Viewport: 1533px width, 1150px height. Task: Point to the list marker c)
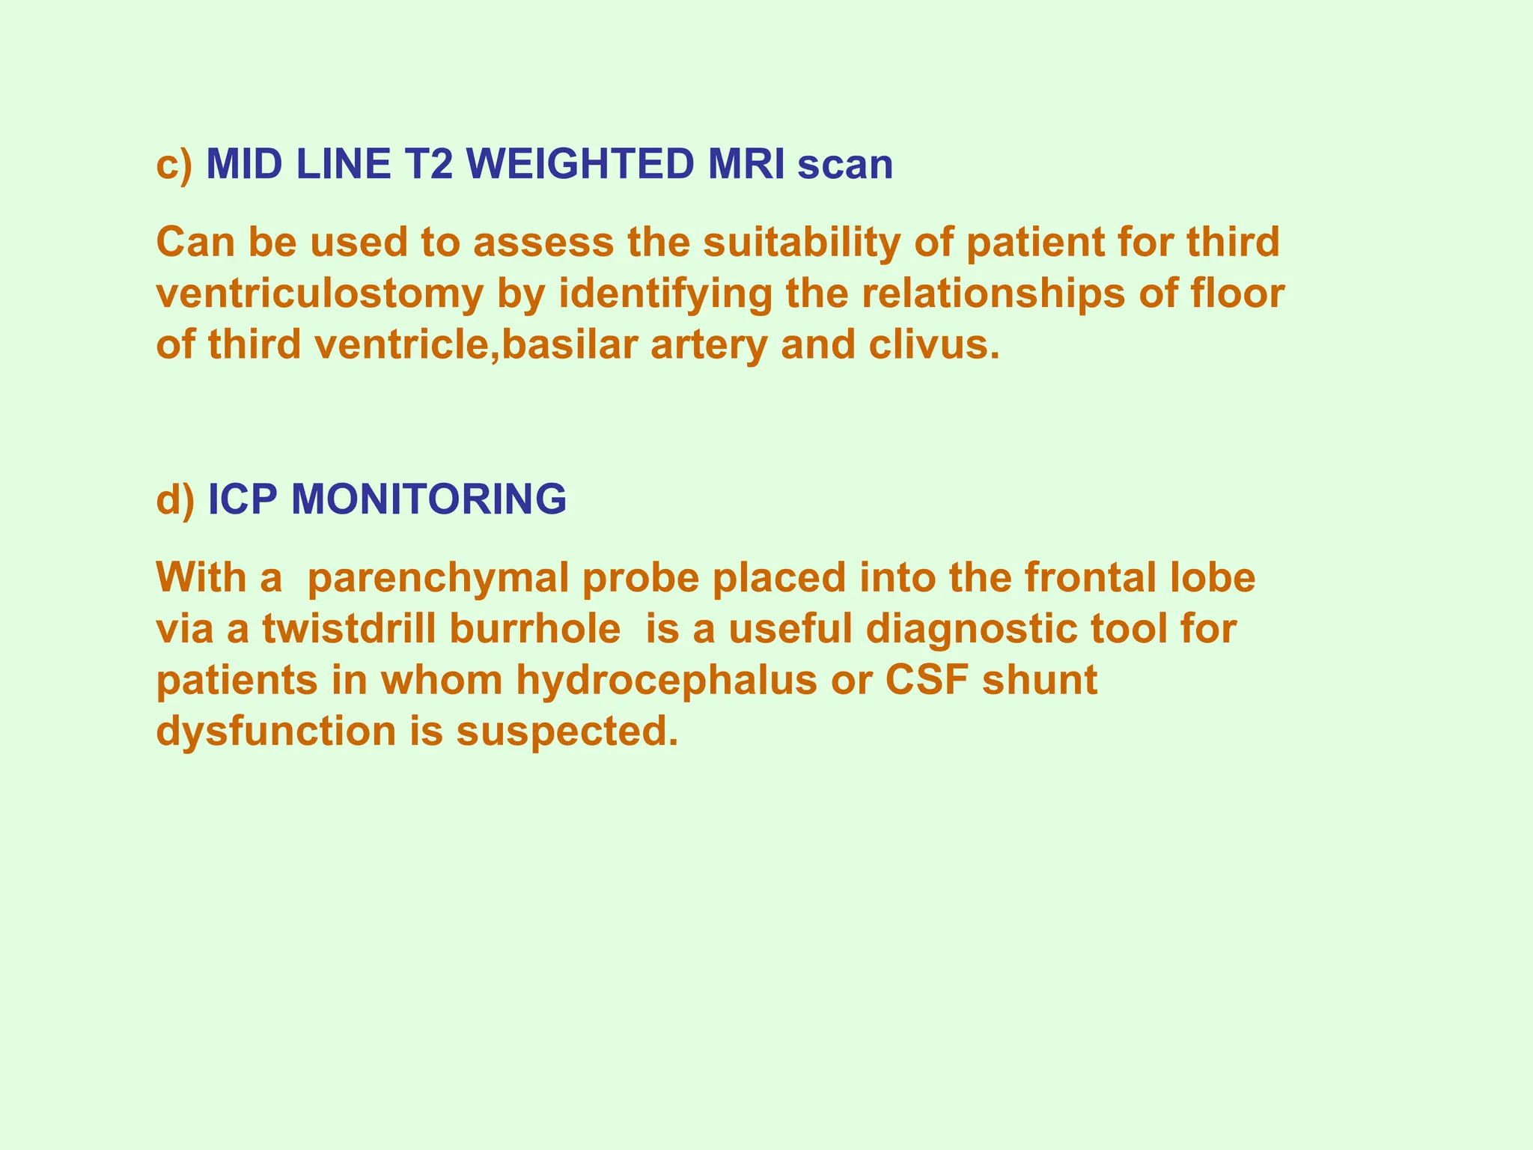coord(174,165)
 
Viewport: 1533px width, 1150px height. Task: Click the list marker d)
coord(175,499)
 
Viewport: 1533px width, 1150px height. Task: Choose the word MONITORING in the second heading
coord(428,499)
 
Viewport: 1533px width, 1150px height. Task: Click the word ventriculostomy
coord(320,294)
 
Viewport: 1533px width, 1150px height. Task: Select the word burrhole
coord(534,629)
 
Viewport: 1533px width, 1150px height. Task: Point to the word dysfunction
coord(276,731)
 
